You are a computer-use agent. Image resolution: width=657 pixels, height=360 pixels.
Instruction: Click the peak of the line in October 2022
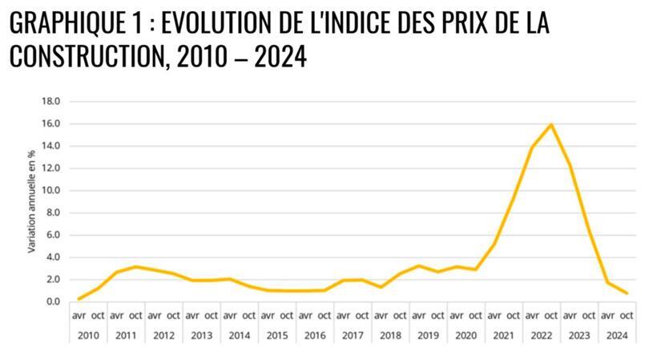(x=550, y=124)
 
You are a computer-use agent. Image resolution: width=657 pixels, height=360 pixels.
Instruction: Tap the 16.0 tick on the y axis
(x=51, y=123)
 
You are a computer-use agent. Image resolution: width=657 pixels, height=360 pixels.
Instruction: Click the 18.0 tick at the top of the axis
(x=51, y=101)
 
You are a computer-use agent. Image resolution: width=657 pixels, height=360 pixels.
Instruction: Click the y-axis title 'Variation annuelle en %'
(x=31, y=201)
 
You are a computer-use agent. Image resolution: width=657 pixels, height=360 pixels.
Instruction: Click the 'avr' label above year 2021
(x=494, y=315)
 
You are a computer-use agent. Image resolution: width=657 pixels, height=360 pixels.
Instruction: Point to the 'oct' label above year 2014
(x=249, y=315)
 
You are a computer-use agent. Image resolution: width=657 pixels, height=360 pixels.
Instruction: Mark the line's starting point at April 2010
(x=79, y=299)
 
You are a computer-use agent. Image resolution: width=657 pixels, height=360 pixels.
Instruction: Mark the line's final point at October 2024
(x=626, y=293)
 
